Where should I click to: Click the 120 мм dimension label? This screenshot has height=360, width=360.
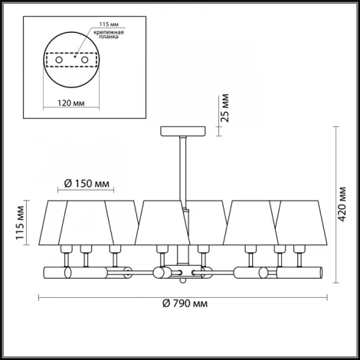(71, 103)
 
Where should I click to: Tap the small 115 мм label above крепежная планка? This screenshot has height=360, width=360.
(109, 25)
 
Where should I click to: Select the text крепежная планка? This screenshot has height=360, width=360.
(109, 34)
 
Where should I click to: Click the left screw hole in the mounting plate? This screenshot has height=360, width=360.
(59, 61)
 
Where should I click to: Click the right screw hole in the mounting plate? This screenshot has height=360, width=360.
(84, 61)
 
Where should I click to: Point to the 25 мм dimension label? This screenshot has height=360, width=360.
(225, 108)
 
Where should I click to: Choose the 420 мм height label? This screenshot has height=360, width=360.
(342, 205)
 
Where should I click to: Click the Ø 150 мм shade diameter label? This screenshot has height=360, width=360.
(87, 184)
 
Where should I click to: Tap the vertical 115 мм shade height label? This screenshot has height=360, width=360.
(20, 223)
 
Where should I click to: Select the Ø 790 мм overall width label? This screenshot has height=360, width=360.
(185, 303)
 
